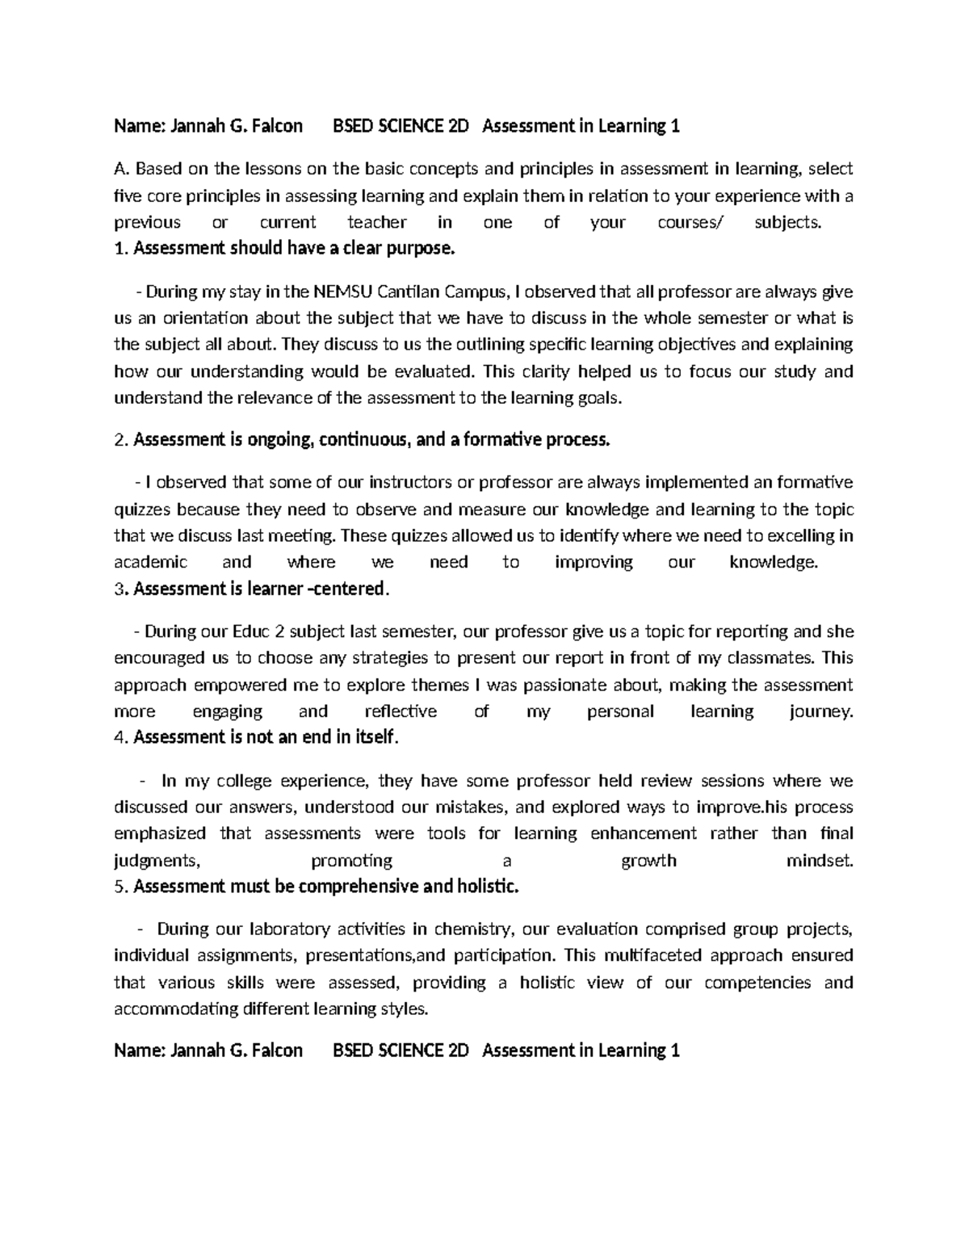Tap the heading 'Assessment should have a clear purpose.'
(294, 249)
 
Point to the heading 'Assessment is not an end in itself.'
(266, 737)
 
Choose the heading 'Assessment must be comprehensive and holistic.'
(325, 887)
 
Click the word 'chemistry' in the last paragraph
(472, 929)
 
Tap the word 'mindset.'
(820, 861)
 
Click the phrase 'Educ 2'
(258, 631)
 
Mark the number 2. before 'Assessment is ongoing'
(121, 441)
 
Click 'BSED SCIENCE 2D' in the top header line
(401, 126)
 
